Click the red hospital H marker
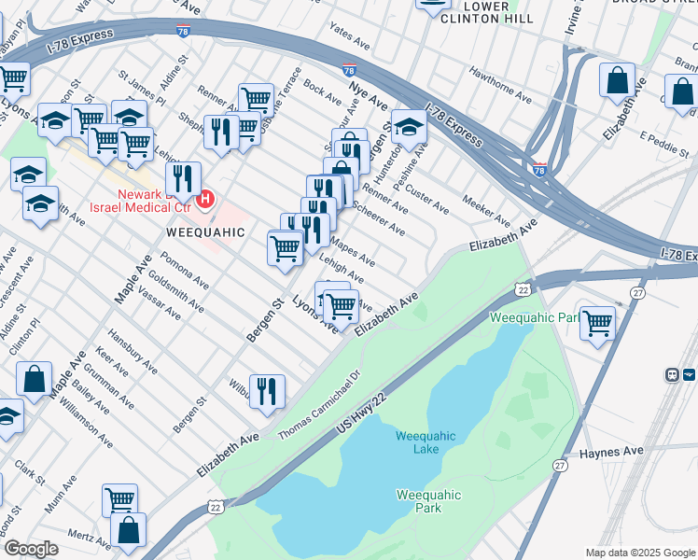(x=206, y=198)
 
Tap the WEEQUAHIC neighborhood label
(x=205, y=231)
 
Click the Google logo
(x=31, y=549)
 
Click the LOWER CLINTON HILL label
(x=487, y=12)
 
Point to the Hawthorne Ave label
(x=500, y=87)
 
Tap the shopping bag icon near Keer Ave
(x=35, y=379)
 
